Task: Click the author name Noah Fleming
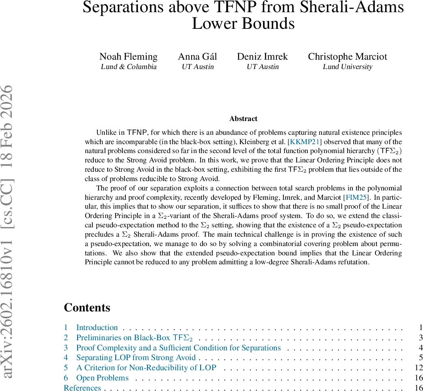(x=128, y=56)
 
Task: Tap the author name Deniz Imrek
(x=263, y=56)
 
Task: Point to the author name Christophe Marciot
(x=347, y=56)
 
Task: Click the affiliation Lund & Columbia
(x=128, y=67)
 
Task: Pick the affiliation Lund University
(x=347, y=67)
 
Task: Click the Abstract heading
(x=243, y=119)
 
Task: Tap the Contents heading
(x=87, y=307)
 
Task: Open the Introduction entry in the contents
(x=97, y=327)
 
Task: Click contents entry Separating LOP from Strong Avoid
(x=136, y=358)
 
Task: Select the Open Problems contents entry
(x=102, y=378)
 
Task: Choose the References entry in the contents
(x=82, y=388)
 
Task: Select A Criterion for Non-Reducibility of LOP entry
(x=146, y=368)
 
